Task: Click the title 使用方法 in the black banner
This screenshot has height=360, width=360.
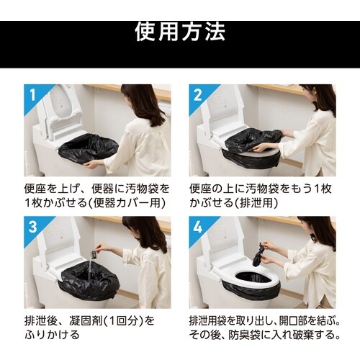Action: pyautogui.click(x=180, y=32)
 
